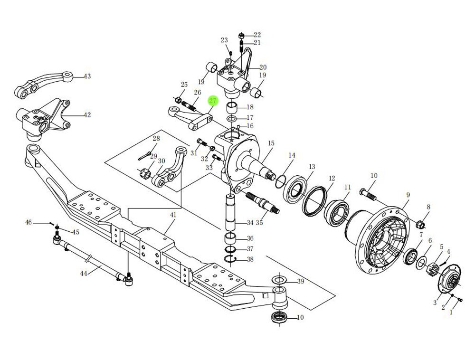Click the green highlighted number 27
pyautogui.click(x=212, y=100)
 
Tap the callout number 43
pyautogui.click(x=87, y=76)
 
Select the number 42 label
pyautogui.click(x=87, y=115)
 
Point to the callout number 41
pyautogui.click(x=173, y=215)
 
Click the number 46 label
pyautogui.click(x=28, y=222)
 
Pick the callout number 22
pyautogui.click(x=257, y=35)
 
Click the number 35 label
pyautogui.click(x=259, y=223)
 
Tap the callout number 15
pyautogui.click(x=271, y=143)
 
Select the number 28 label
pyautogui.click(x=156, y=139)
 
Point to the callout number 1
pyautogui.click(x=451, y=312)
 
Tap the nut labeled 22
pyautogui.click(x=242, y=36)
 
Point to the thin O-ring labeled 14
pyautogui.click(x=280, y=180)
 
